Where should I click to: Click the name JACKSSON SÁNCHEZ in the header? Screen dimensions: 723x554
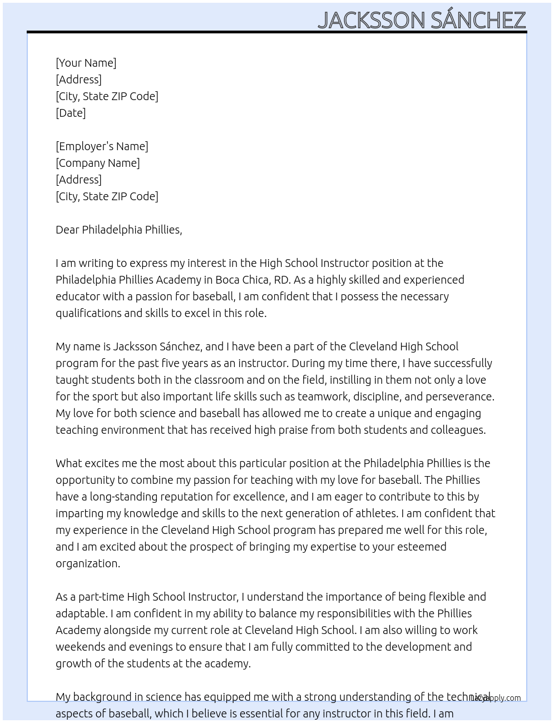[422, 20]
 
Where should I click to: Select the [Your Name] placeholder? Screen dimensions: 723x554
[86, 63]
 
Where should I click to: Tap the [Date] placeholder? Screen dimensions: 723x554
[71, 113]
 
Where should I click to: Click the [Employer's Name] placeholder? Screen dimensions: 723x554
[102, 146]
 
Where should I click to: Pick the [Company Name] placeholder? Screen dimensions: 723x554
[97, 163]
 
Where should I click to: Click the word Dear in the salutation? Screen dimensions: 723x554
[67, 230]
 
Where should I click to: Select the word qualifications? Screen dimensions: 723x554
[88, 313]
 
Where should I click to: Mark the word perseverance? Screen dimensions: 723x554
[459, 397]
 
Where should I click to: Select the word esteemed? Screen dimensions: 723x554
[421, 547]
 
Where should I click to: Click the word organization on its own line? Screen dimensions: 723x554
[87, 563]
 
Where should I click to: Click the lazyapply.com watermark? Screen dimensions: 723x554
[496, 698]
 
